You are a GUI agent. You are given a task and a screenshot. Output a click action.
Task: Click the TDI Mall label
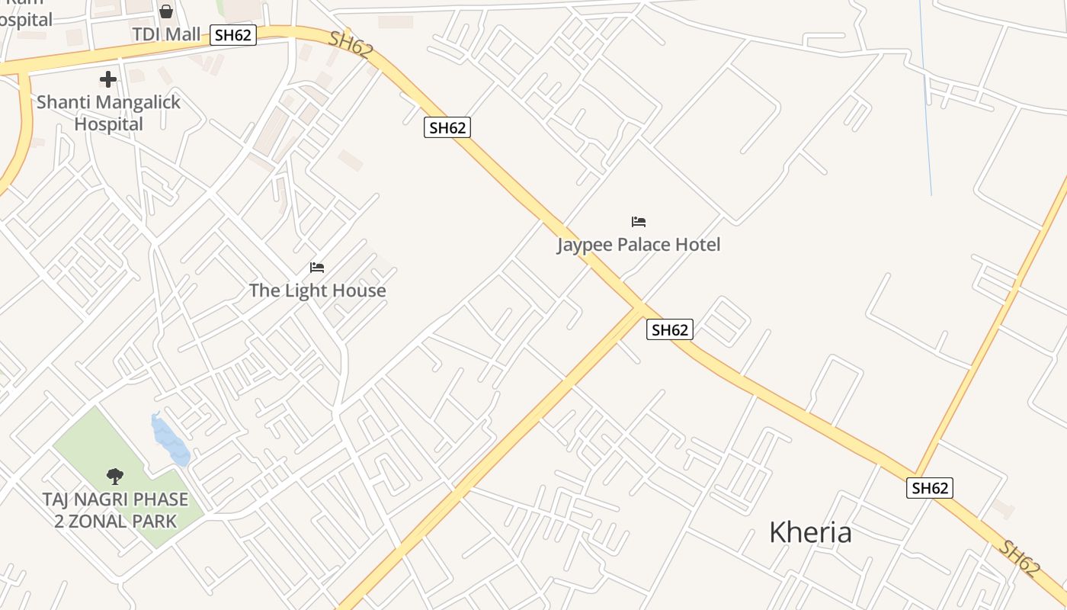pyautogui.click(x=166, y=34)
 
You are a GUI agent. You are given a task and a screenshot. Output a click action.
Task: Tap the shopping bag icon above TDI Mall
pyautogui.click(x=166, y=11)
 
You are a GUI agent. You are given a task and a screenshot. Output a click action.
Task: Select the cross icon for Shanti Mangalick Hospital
pyautogui.click(x=108, y=79)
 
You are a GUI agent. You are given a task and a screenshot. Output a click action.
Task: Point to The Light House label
pyautogui.click(x=317, y=291)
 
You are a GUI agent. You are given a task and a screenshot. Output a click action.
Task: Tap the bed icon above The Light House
pyautogui.click(x=317, y=268)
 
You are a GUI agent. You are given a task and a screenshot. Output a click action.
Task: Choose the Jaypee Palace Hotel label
pyautogui.click(x=639, y=245)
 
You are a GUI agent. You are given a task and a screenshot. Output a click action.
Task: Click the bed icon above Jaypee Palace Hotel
pyautogui.click(x=639, y=222)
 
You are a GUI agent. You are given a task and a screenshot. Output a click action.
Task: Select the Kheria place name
pyautogui.click(x=810, y=531)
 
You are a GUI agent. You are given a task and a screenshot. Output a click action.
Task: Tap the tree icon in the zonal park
pyautogui.click(x=115, y=477)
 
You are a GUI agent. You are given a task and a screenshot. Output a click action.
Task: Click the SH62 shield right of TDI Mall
pyautogui.click(x=233, y=34)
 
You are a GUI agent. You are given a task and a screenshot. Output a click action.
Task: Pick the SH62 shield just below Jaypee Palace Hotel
pyautogui.click(x=670, y=329)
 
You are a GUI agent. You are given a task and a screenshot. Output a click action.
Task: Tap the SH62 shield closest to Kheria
pyautogui.click(x=930, y=488)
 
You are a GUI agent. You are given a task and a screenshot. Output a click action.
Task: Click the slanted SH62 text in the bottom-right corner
pyautogui.click(x=1020, y=558)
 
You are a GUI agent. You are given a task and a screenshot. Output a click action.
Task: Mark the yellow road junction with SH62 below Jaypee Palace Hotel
pyautogui.click(x=637, y=308)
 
